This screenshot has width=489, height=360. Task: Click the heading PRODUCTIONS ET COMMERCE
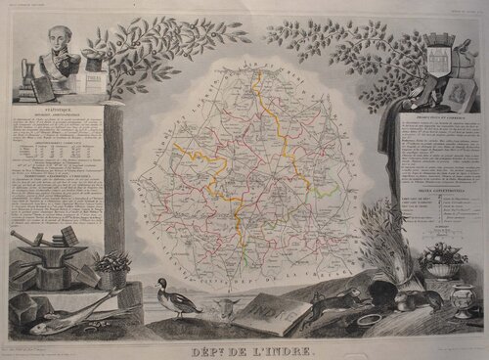(x=432, y=121)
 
